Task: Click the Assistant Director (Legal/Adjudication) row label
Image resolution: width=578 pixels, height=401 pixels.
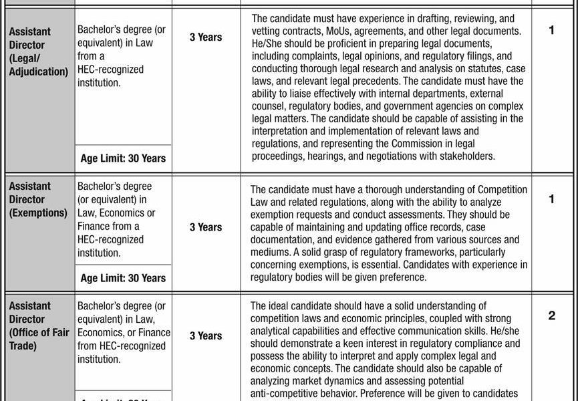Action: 39,51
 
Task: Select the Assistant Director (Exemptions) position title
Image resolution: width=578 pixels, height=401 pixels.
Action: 38,199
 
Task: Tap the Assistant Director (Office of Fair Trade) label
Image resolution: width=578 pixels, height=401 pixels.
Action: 39,325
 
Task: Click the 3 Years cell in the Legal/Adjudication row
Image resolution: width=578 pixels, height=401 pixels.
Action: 205,37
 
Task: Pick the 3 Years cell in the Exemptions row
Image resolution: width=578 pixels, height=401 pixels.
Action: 205,227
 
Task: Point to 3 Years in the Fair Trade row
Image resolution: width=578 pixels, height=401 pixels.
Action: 205,336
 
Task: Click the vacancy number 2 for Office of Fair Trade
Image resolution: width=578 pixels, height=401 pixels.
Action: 551,315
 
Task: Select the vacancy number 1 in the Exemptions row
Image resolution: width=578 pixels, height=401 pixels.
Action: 551,199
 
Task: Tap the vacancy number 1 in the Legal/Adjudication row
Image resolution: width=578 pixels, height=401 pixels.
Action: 551,31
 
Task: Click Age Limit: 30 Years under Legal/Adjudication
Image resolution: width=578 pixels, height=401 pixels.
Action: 123,158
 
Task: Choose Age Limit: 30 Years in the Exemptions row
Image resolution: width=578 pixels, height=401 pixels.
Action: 123,278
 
